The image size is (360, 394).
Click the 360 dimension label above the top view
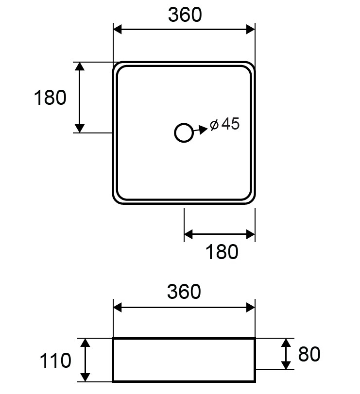(185, 15)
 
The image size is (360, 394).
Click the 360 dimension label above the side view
(184, 292)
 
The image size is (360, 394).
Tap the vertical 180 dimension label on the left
(50, 97)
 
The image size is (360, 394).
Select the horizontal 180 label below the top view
(222, 251)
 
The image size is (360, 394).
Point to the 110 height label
(55, 361)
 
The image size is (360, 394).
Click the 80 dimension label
(309, 354)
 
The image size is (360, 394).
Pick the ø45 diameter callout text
(224, 124)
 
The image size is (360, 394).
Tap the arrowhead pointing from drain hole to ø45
(203, 129)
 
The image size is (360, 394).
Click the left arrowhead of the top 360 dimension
(117, 29)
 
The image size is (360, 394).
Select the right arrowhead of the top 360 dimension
(251, 29)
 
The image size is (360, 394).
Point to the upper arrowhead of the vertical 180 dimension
(80, 66)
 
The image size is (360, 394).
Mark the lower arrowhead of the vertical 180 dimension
(80, 128)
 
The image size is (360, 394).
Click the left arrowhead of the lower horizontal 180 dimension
(189, 234)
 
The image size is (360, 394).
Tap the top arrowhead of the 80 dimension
(286, 343)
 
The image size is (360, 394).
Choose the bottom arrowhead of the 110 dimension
(86, 377)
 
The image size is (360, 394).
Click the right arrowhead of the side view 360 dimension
(251, 307)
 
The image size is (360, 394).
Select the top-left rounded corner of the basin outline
(116, 65)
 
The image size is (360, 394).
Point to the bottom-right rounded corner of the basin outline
(253, 201)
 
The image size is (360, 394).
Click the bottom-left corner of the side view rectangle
(113, 381)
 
